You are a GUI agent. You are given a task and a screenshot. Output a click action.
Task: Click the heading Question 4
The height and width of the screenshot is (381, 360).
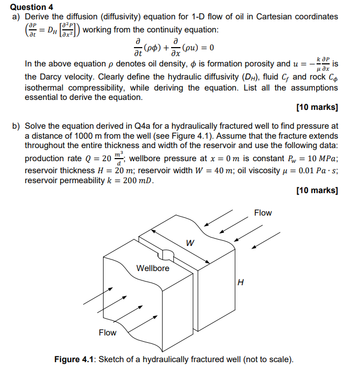point(32,7)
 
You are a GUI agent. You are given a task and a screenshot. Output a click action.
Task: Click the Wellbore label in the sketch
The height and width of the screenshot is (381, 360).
point(153,268)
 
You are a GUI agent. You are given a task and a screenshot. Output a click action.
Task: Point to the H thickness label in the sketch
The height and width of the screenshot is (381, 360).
point(240,283)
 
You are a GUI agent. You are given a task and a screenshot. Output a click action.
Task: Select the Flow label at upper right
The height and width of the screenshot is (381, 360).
point(263,213)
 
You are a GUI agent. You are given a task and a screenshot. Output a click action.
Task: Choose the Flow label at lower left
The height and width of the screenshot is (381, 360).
point(108,332)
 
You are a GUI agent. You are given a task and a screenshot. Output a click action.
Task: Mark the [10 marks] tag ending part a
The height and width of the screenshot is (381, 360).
point(317,108)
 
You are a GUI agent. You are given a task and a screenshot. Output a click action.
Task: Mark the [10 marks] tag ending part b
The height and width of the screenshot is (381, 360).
point(317,190)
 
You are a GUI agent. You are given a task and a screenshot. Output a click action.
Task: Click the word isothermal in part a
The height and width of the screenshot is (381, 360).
point(44,87)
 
